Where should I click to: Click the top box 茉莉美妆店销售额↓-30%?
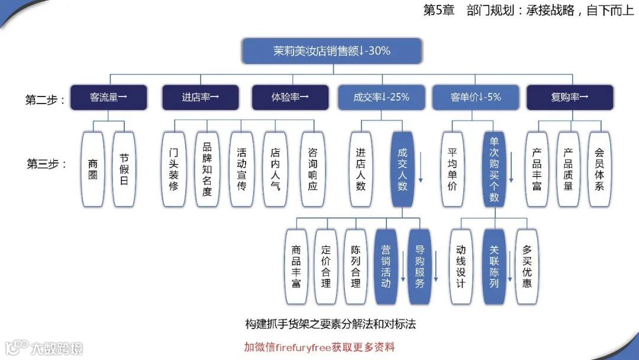pyautogui.click(x=332, y=51)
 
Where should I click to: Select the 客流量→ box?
pyautogui.click(x=108, y=98)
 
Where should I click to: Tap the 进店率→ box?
pyautogui.click(x=201, y=98)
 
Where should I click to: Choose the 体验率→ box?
pyautogui.click(x=290, y=98)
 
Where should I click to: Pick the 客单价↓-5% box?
pyautogui.click(x=476, y=98)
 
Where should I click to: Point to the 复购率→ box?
pyautogui.click(x=569, y=98)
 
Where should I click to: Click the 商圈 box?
pyautogui.click(x=93, y=169)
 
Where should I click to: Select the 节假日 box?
pyautogui.click(x=124, y=169)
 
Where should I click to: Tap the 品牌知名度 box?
pyautogui.click(x=206, y=169)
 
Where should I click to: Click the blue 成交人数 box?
pyautogui.click(x=402, y=169)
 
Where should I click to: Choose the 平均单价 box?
pyautogui.click(x=453, y=169)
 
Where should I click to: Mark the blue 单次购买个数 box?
pyautogui.click(x=494, y=169)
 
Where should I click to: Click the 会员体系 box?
pyautogui.click(x=599, y=169)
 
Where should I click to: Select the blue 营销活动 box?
pyautogui.click(x=385, y=266)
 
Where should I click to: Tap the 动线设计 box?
pyautogui.click(x=461, y=266)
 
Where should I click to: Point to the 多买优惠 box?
pyautogui.click(x=527, y=266)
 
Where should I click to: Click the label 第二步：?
pyautogui.click(x=45, y=99)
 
